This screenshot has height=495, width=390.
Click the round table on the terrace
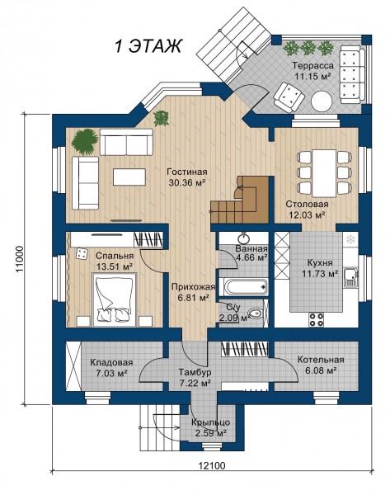point(322,101)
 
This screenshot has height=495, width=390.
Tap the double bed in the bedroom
point(115,299)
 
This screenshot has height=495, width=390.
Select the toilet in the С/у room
point(254,313)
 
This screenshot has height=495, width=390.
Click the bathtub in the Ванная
point(244,286)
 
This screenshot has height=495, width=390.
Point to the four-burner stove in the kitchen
point(316,318)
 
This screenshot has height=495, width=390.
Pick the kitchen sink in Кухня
point(351,278)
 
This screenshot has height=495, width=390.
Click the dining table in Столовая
point(324,173)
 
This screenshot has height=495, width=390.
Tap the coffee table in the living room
point(129,177)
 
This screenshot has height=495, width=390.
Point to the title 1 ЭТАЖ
point(148,46)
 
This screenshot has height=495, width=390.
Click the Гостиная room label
point(187,172)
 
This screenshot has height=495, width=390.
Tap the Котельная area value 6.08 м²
point(320,370)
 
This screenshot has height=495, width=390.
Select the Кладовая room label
point(111,362)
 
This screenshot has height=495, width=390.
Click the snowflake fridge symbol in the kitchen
point(350,239)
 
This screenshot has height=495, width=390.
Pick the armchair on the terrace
point(289,97)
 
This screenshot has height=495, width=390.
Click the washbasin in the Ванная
point(243,237)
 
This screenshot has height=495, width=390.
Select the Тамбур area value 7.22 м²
point(195,383)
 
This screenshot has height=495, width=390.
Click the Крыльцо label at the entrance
point(210,422)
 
